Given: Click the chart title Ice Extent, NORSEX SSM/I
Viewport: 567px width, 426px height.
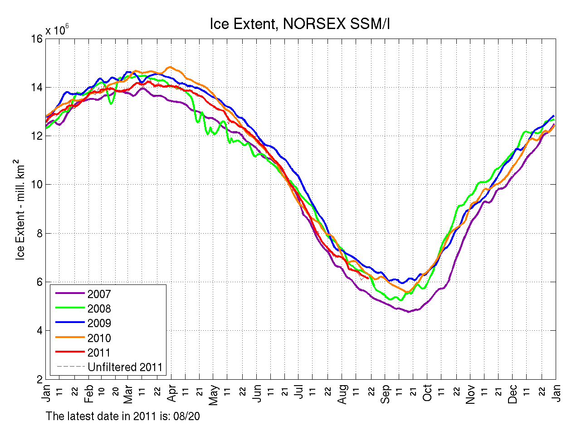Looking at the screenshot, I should pyautogui.click(x=300, y=24).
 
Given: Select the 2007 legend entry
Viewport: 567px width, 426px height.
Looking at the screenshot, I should pyautogui.click(x=99, y=294).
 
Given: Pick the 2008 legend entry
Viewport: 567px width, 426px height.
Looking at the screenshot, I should pyautogui.click(x=99, y=309).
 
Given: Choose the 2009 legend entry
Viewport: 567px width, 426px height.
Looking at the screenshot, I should pyautogui.click(x=99, y=323).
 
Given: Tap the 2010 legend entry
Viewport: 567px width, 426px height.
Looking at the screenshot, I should pyautogui.click(x=99, y=338).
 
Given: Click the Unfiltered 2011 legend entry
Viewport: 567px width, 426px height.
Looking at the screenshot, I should pyautogui.click(x=125, y=367).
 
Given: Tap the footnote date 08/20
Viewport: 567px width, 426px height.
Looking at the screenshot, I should pyautogui.click(x=195, y=415).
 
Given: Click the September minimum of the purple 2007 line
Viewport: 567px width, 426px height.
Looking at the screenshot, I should pyautogui.click(x=409, y=312).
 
